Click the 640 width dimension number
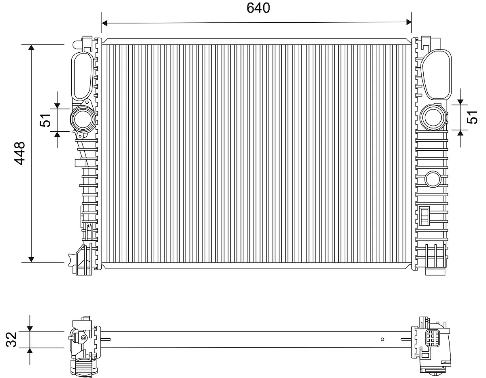coord(258,8)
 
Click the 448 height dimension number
coord(20,153)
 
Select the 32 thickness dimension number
coord(11,340)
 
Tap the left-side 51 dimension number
coord(45,120)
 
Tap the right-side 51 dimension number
coord(472,117)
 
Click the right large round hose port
coord(433,117)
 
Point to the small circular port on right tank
coord(433,179)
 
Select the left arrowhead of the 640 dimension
coord(104,23)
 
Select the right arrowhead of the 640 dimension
coord(409,22)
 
